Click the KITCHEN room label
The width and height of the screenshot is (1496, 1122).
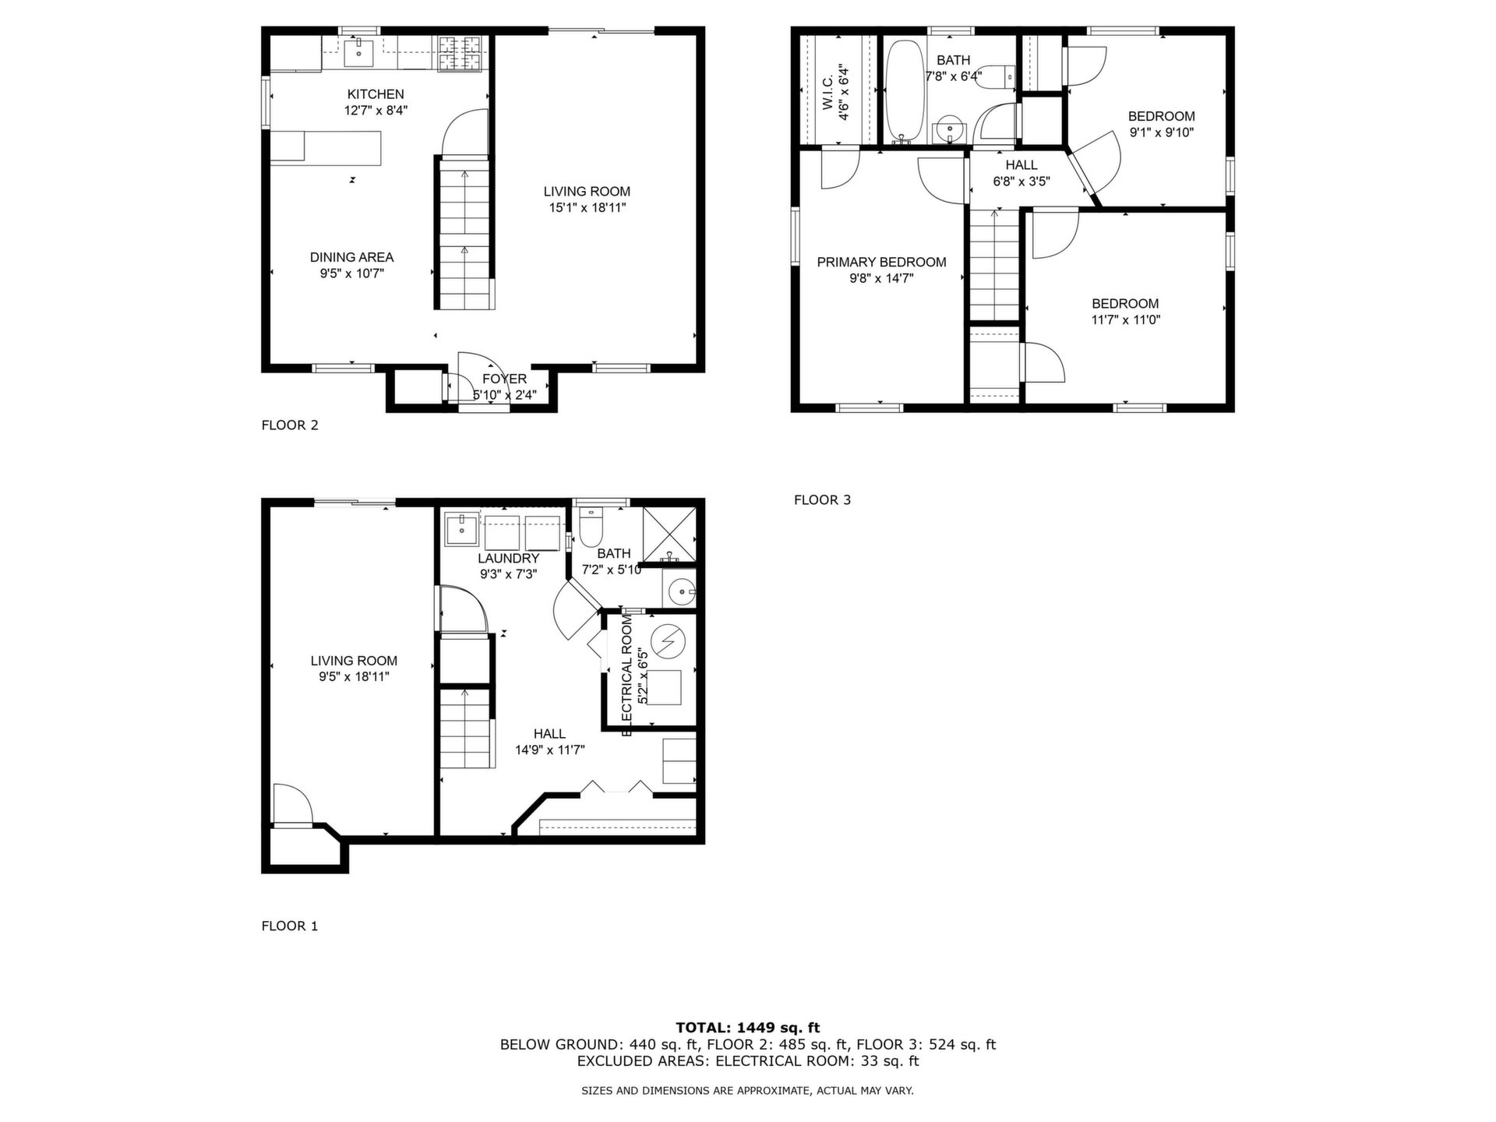point(376,94)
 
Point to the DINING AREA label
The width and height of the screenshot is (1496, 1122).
point(351,257)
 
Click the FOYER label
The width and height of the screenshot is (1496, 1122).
point(504,379)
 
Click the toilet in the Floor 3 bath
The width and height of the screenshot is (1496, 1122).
point(997,77)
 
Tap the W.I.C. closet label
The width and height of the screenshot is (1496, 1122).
point(827,92)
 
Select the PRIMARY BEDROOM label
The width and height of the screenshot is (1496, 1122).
point(881,262)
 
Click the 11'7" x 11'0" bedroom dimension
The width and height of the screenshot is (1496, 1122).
point(1126,319)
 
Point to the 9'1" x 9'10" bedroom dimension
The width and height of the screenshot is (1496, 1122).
point(1162,132)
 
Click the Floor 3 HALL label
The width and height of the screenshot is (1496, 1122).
point(1021,165)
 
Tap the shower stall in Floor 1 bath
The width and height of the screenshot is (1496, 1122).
point(669,534)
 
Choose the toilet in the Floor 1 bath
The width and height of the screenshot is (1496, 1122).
point(590,527)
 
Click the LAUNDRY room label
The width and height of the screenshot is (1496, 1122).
point(508,559)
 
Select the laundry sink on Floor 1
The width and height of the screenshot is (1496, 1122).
point(462,531)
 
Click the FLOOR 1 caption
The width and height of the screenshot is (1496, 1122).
point(290,926)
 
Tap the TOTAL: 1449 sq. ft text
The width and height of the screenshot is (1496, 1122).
point(748,1028)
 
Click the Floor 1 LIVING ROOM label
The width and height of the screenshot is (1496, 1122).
point(354,661)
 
